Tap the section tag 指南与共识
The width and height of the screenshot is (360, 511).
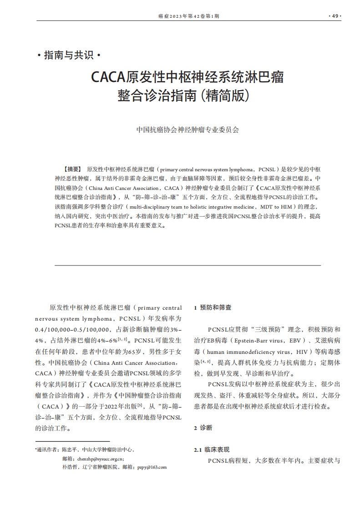click(69, 56)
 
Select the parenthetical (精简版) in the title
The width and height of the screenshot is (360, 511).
click(227, 97)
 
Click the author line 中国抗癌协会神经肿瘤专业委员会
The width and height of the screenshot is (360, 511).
click(188, 129)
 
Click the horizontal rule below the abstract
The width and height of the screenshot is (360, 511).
click(188, 265)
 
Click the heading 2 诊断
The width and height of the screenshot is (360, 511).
click(203, 428)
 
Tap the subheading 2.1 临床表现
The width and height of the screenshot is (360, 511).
click(212, 450)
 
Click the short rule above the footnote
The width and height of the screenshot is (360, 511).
click(72, 441)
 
